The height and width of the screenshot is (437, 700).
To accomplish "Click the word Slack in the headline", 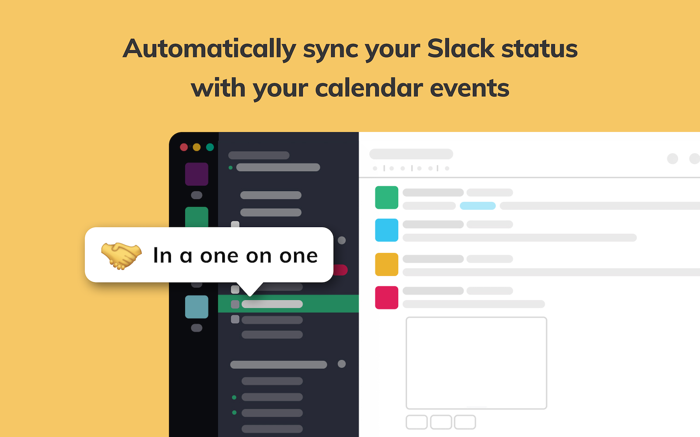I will [461, 49].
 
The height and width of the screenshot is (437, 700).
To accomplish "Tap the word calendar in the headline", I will [369, 88].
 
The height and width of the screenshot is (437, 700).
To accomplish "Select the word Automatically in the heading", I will [210, 49].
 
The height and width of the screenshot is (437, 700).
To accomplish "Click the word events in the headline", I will [469, 88].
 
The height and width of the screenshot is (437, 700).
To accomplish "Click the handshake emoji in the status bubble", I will [121, 255].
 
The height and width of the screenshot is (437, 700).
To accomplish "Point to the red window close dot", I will [184, 147].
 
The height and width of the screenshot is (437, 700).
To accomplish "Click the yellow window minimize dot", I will [197, 147].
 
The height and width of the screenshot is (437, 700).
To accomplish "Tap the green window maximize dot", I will [210, 147].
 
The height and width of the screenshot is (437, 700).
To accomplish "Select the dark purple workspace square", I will [196, 174].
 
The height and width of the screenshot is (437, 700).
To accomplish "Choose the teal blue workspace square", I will [196, 307].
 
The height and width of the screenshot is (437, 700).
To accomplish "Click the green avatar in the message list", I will [386, 198].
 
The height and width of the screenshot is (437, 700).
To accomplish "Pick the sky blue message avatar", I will [386, 230].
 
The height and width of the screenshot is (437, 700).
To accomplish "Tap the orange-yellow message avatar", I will [386, 264].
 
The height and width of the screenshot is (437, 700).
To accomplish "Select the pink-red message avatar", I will [386, 298].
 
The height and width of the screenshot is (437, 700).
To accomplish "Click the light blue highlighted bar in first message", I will [477, 206].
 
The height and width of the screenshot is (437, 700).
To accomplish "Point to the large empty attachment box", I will [476, 363].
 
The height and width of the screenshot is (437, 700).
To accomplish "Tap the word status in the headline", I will [539, 49].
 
